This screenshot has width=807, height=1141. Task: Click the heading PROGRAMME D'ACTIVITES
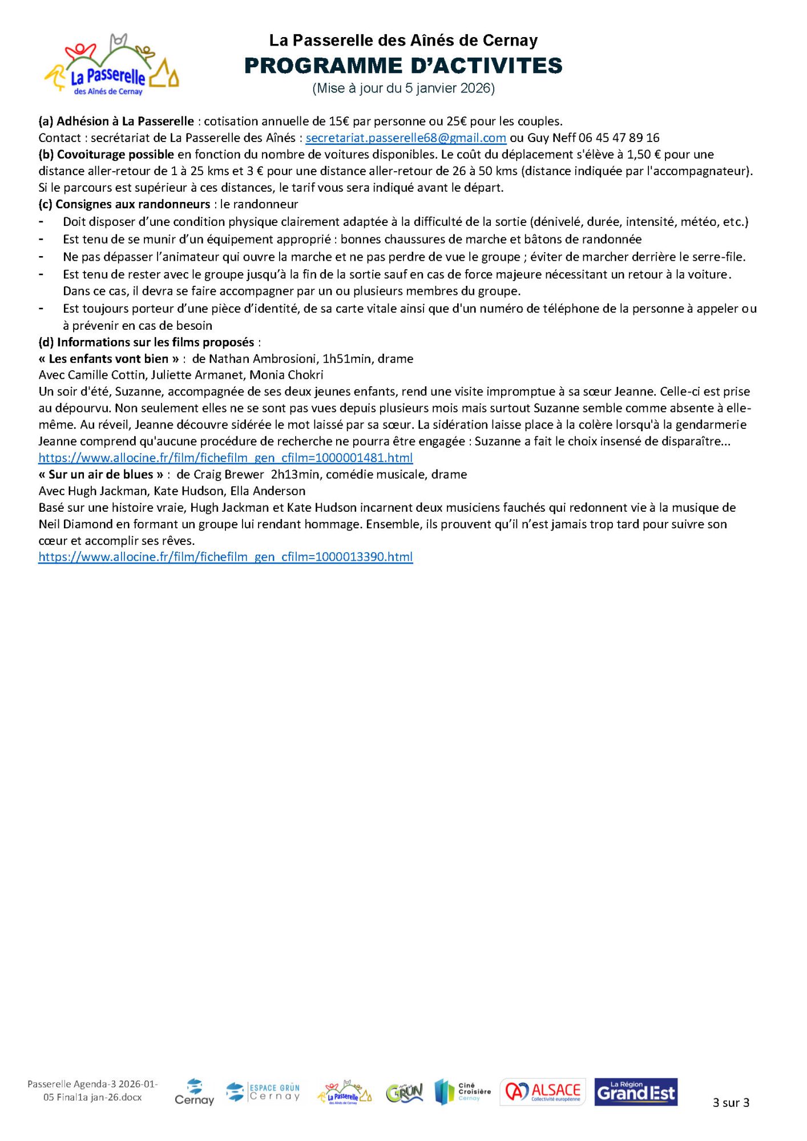[x=403, y=66]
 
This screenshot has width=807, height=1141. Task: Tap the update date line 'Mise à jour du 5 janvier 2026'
[x=403, y=88]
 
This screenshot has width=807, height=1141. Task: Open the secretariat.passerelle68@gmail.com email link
[x=406, y=138]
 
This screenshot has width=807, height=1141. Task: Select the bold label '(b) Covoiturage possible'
[x=106, y=155]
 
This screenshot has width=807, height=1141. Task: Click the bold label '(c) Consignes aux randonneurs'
[x=124, y=204]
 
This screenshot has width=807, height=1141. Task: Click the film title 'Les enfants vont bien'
[x=108, y=359]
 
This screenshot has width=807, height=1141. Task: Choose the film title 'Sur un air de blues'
[x=101, y=475]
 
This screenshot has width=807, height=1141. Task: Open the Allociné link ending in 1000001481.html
[x=225, y=458]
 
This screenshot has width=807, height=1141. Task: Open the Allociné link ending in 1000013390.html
[x=225, y=557]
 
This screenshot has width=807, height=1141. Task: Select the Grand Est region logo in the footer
[x=636, y=1092]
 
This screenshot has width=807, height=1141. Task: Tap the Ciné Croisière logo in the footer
[x=462, y=1092]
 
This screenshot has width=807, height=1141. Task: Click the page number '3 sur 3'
[x=731, y=1103]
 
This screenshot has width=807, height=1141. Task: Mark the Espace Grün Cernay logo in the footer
[x=263, y=1092]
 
